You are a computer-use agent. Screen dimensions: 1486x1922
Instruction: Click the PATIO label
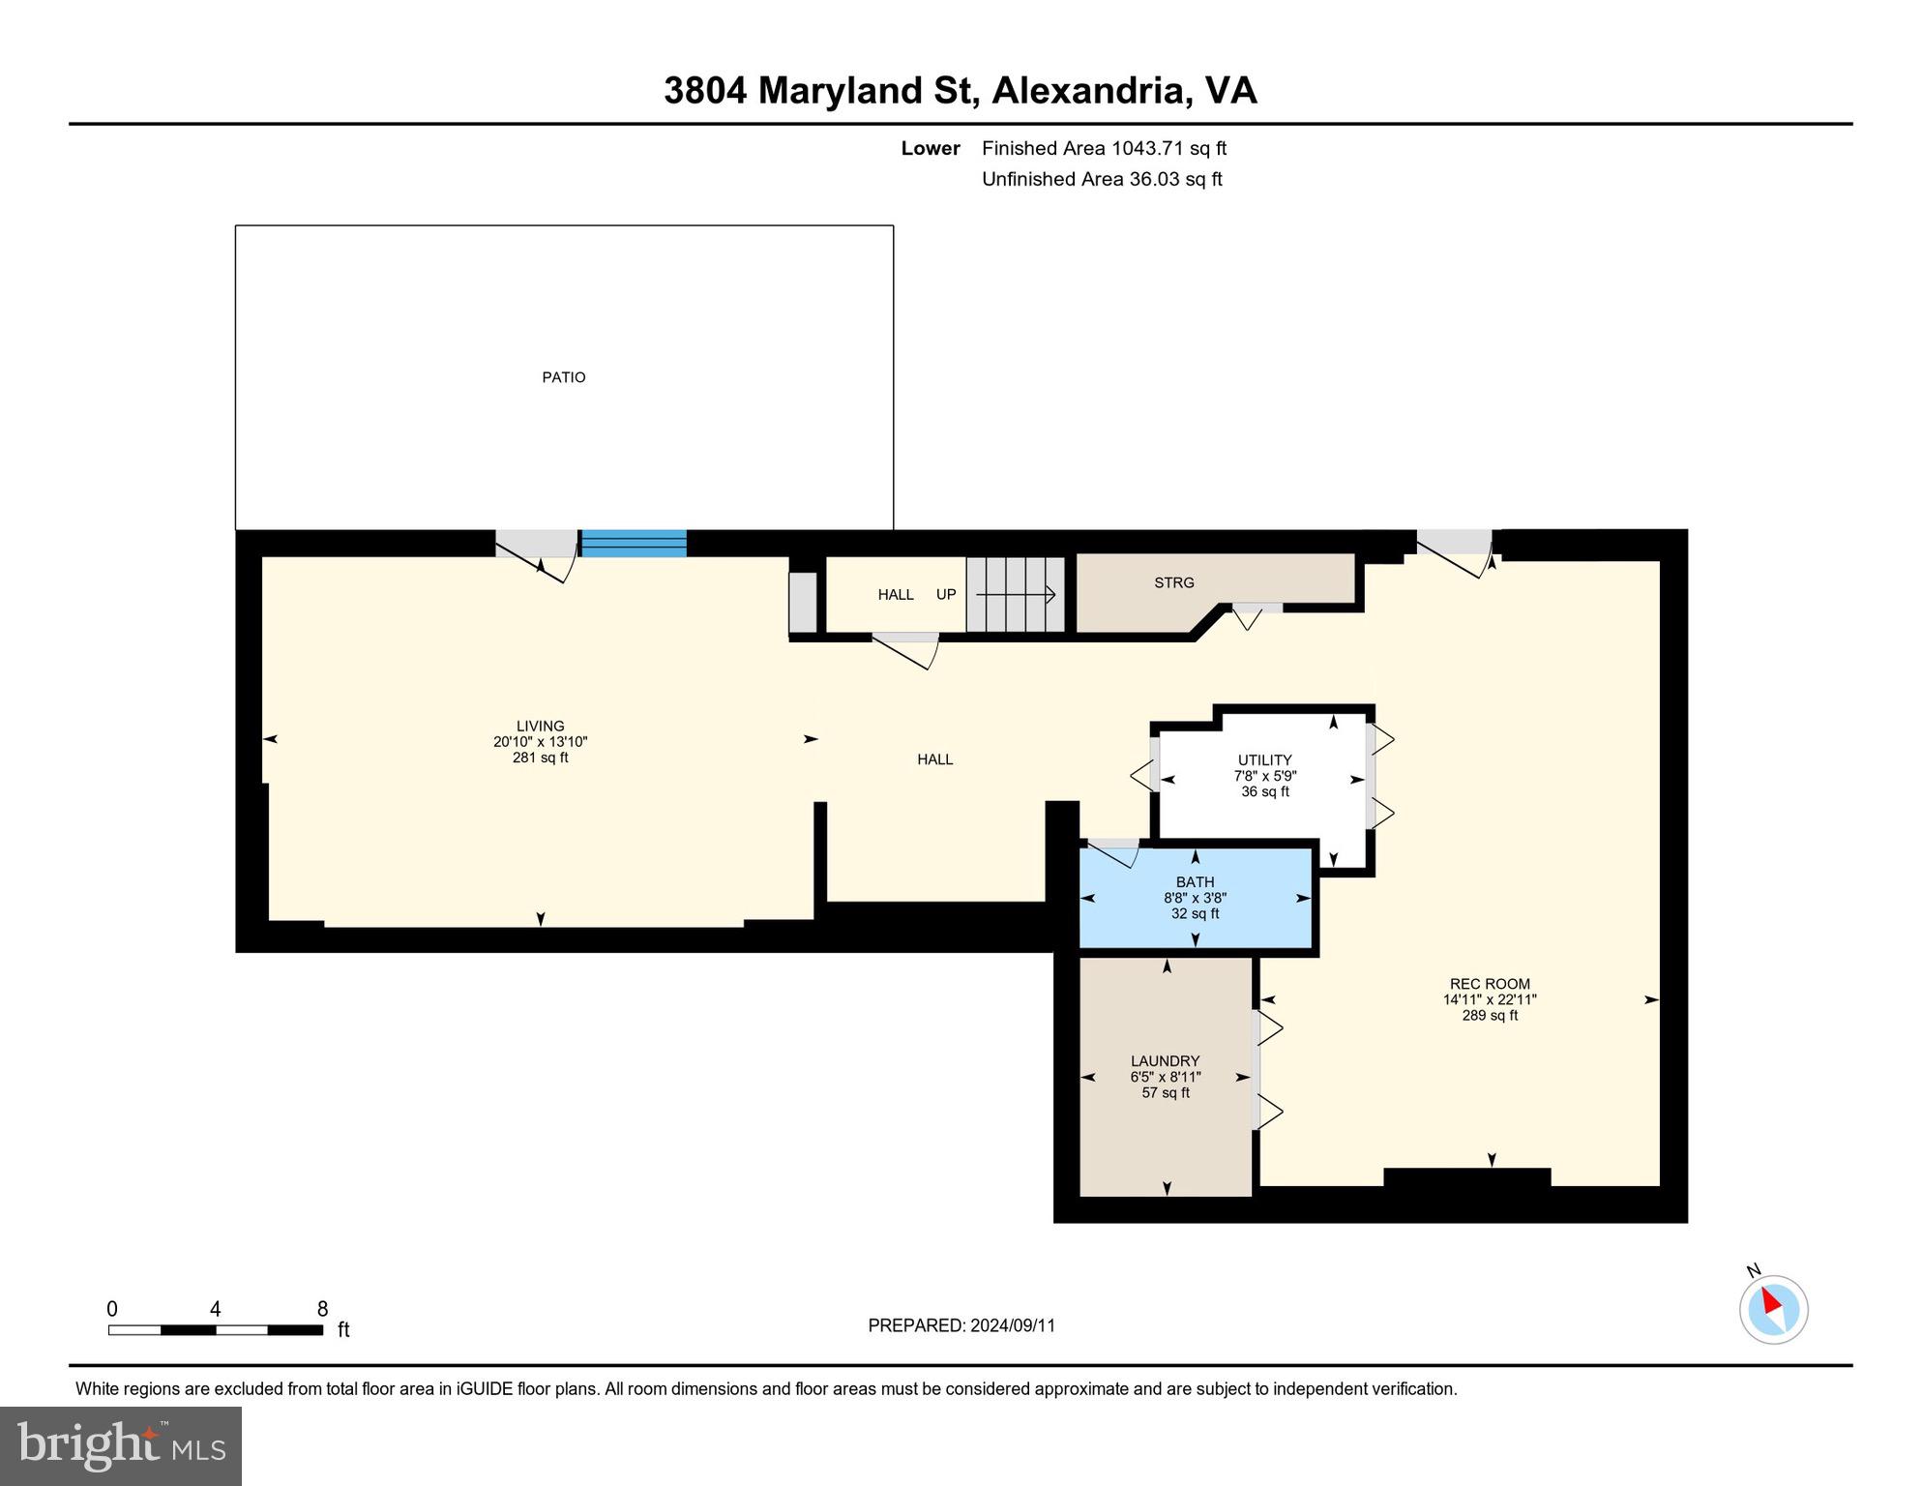(x=563, y=377)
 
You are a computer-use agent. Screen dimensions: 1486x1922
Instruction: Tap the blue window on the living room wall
(x=634, y=544)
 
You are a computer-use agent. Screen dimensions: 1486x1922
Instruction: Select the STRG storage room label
(x=1173, y=582)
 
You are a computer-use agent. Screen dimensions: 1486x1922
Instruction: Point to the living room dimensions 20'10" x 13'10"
(x=540, y=742)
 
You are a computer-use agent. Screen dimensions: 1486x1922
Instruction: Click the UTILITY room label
(x=1264, y=760)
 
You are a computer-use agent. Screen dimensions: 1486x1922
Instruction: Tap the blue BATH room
(x=1196, y=898)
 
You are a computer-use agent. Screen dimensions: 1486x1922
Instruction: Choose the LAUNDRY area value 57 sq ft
(x=1166, y=1093)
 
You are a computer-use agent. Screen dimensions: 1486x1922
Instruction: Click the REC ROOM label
(x=1490, y=984)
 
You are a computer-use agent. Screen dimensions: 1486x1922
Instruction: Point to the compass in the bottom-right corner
(x=1773, y=1309)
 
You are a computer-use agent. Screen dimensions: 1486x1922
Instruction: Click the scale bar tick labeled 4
(x=215, y=1310)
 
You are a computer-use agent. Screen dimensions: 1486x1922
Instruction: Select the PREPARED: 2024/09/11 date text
(x=961, y=1325)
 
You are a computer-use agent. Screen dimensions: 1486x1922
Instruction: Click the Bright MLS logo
(x=121, y=1445)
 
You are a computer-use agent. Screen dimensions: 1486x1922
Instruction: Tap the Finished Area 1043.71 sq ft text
(x=1104, y=148)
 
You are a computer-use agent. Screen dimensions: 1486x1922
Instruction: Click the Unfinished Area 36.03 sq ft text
(x=1102, y=179)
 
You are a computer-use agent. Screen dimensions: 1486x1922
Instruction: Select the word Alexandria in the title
(x=1089, y=91)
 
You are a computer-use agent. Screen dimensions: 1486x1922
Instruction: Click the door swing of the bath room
(x=1114, y=853)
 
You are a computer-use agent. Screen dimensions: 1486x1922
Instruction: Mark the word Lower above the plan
(x=931, y=148)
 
